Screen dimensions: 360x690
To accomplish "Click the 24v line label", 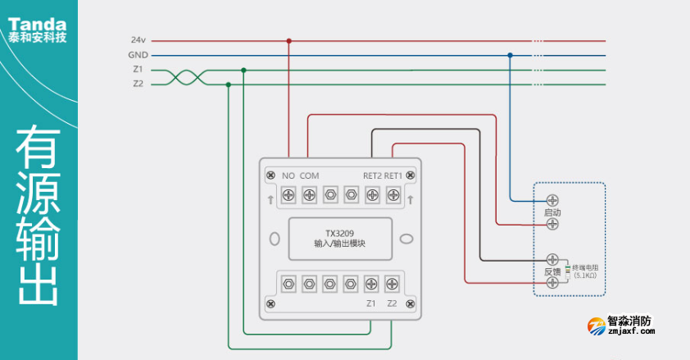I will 138,40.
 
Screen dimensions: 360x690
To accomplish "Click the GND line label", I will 138,55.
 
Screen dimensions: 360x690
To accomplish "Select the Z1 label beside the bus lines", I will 138,70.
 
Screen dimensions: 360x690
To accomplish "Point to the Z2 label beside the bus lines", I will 138,84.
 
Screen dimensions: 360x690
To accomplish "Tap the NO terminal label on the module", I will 288,175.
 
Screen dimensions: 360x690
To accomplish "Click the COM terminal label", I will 310,175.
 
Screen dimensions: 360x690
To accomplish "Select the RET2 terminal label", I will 373,175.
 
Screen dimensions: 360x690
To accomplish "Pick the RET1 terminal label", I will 393,175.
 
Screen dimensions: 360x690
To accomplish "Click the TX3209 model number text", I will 339,232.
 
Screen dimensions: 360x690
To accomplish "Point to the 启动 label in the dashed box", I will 552,212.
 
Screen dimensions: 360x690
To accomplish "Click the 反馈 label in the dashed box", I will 552,271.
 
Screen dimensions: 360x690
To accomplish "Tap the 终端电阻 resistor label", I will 586,267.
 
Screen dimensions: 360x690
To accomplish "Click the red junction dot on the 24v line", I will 288,40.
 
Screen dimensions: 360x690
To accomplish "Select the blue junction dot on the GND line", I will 510,55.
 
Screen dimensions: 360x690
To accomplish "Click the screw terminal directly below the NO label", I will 288,194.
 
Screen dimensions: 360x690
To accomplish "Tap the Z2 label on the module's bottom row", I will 392,303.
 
